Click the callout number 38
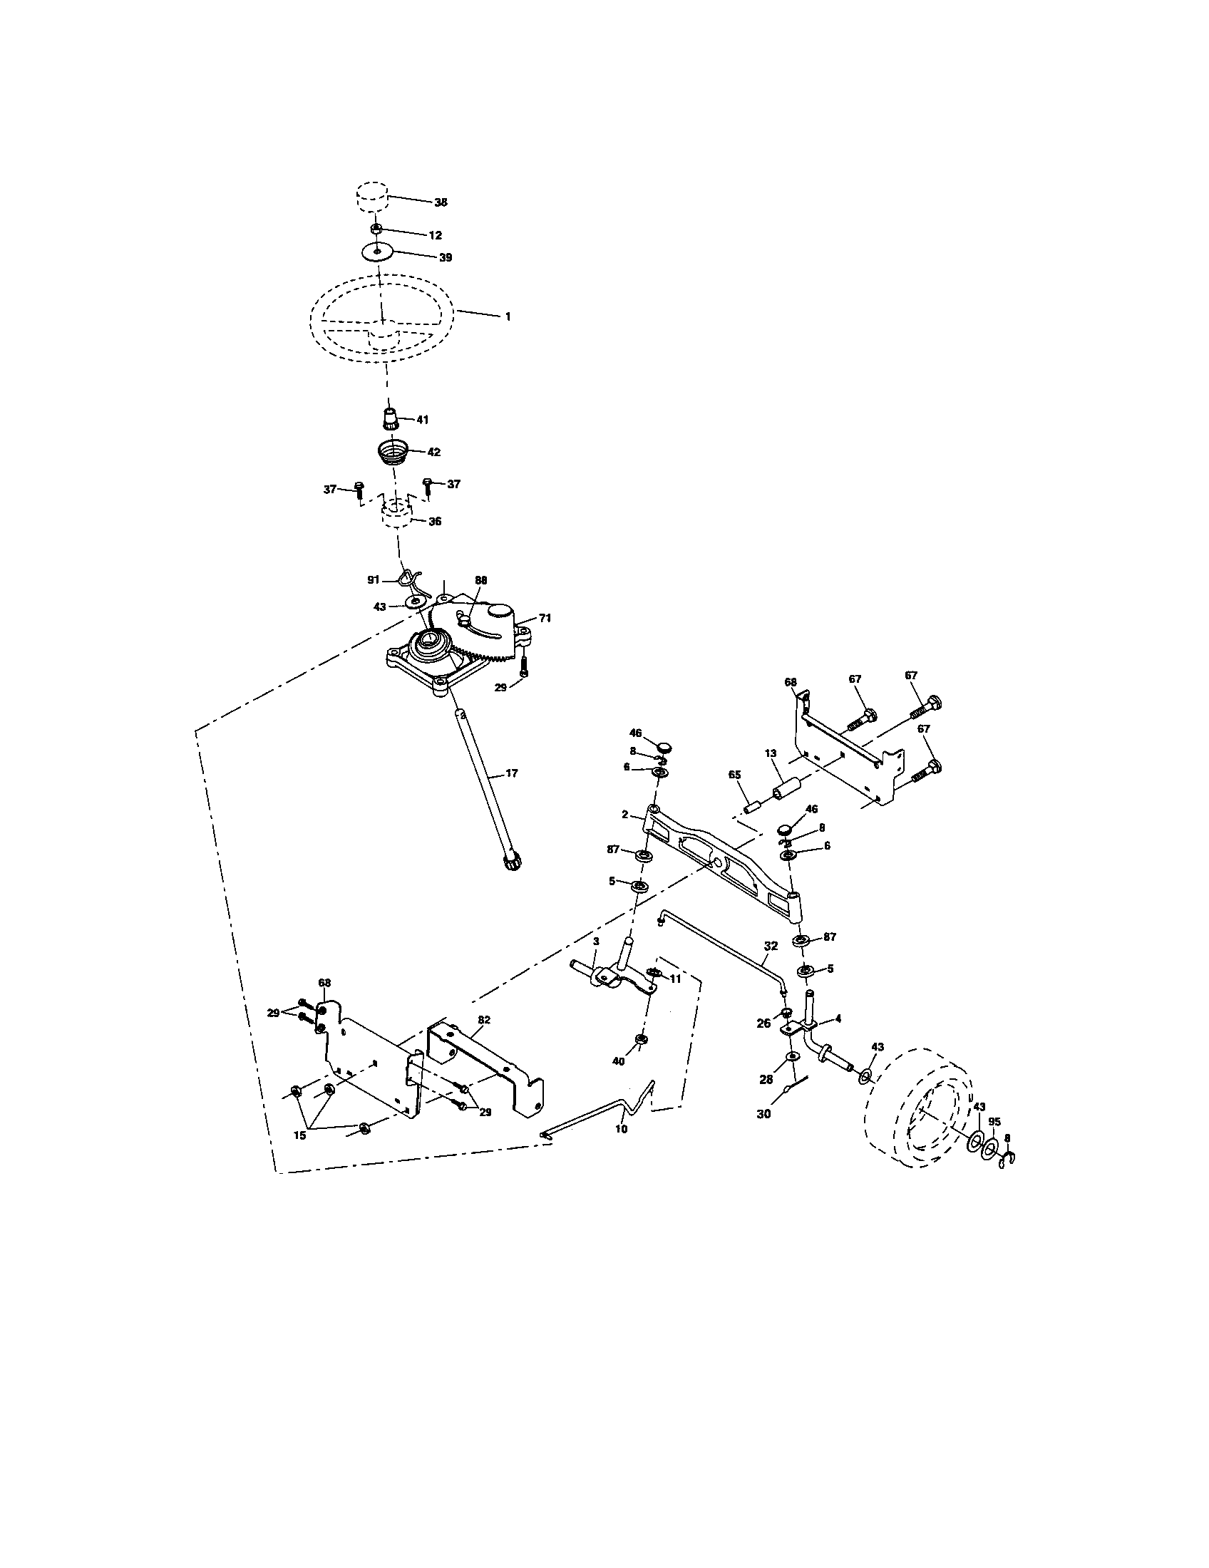[x=440, y=202]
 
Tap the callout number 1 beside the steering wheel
[x=508, y=316]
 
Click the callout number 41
[x=422, y=420]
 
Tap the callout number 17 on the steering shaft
[x=511, y=773]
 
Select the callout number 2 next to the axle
[x=624, y=815]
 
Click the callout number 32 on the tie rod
[x=770, y=947]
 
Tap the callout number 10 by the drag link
[x=621, y=1129]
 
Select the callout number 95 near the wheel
[x=994, y=1120]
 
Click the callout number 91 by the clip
[x=373, y=579]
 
